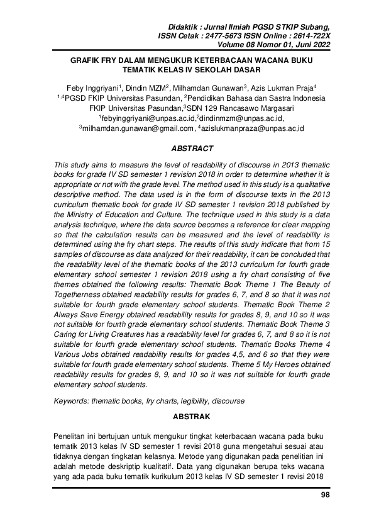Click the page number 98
325,495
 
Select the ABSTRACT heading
192,149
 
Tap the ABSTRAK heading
192,417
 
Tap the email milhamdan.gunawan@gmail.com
136,128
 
